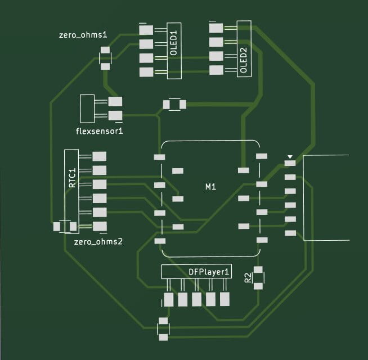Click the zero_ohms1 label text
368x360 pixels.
83,35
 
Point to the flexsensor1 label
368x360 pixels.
99,131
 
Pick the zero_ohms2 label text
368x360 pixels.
98,241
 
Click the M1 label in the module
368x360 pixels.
210,187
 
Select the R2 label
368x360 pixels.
248,277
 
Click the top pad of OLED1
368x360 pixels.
146,30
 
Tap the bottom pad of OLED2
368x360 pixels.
216,70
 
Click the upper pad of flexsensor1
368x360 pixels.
115,102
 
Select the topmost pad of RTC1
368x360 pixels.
100,156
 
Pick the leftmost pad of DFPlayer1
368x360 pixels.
168,299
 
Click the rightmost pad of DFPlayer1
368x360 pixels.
225,299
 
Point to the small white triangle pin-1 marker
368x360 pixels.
290,157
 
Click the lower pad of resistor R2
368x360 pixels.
258,286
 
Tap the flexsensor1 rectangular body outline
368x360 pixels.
87,109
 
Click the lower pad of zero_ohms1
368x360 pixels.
105,66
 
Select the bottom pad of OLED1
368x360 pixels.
146,72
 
